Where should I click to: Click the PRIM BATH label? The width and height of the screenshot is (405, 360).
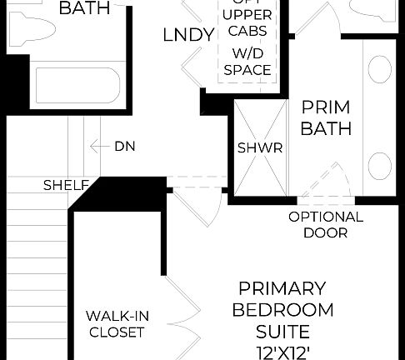click(326, 118)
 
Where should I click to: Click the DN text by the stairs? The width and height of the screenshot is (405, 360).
click(126, 147)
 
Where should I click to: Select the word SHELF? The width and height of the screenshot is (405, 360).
click(65, 184)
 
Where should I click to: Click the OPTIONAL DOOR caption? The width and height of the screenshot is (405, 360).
click(326, 225)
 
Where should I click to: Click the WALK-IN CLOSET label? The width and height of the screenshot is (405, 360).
click(118, 325)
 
